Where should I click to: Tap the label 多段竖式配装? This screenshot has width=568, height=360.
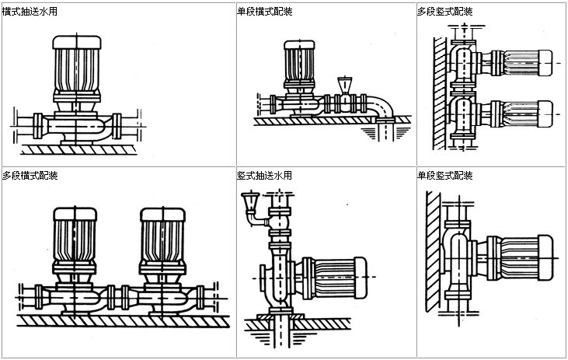(x=444, y=12)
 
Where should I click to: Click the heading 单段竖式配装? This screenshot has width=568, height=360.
(x=444, y=175)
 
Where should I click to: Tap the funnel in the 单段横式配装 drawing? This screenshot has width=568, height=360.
(x=344, y=84)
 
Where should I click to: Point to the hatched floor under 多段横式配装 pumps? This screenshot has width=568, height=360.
(x=117, y=320)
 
